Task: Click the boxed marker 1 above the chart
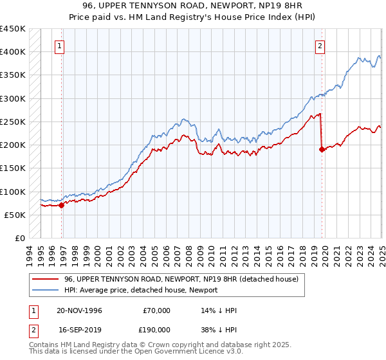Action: coord(59,46)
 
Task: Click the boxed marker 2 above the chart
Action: coord(320,46)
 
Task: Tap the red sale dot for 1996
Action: coord(62,206)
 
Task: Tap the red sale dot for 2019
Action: coord(322,149)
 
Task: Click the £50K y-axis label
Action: coord(15,215)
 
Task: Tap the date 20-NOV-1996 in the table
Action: coord(79,310)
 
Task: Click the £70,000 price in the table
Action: coord(155,310)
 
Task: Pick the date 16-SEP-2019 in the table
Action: coord(79,328)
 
